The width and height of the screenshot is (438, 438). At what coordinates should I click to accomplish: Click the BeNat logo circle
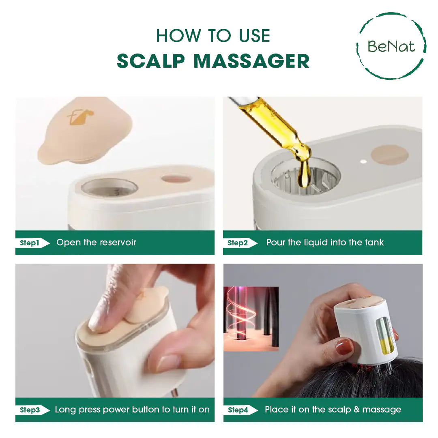pos(391,46)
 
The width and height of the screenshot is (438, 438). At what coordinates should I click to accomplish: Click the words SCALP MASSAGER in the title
pos(213,61)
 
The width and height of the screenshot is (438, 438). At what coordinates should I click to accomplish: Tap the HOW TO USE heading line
pos(213,36)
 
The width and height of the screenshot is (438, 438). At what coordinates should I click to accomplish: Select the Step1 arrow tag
pos(32,243)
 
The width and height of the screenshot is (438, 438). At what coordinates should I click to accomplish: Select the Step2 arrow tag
pos(240,243)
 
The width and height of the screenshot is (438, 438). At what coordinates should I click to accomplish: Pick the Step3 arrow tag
pos(32,410)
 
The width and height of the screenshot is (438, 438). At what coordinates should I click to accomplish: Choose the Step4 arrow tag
pos(240,410)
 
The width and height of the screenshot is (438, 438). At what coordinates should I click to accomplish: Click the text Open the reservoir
pos(96,243)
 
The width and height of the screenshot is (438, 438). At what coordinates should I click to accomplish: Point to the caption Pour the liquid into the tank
pos(324,243)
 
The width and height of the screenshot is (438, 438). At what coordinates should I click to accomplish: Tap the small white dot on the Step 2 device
pos(363,161)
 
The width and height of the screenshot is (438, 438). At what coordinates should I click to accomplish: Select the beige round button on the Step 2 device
pos(389,155)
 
